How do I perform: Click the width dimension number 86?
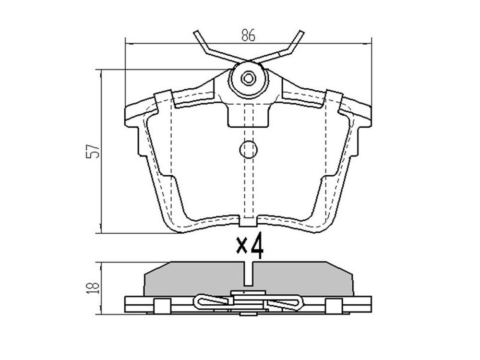coord(248,36)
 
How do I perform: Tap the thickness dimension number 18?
coord(93,288)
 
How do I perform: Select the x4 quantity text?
coord(250,245)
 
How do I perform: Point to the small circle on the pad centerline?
coord(248,149)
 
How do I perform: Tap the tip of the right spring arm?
coord(301,32)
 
